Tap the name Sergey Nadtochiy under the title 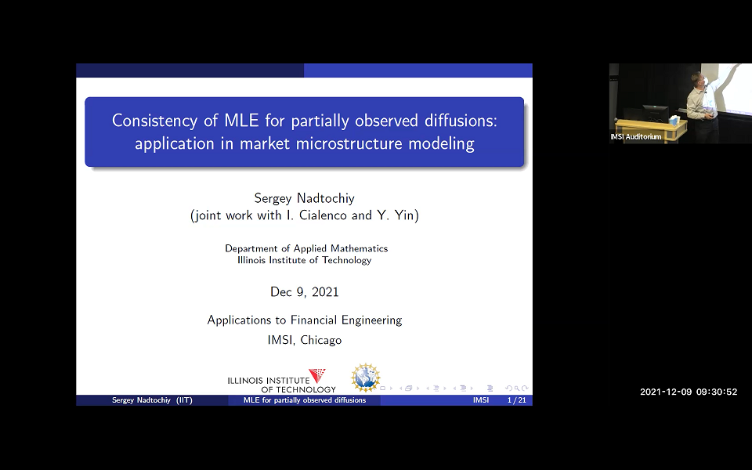pos(304,197)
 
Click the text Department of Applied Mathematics pos(306,248)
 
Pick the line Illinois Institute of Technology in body pos(304,260)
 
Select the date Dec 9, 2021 pos(304,291)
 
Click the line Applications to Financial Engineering pos(304,320)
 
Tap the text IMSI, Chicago pos(304,340)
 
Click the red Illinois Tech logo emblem pos(316,376)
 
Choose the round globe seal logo pos(364,378)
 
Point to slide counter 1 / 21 pos(516,400)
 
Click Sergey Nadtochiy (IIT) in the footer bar pos(152,400)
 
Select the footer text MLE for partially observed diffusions pos(304,400)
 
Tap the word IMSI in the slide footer pos(481,400)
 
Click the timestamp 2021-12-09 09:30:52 pos(688,392)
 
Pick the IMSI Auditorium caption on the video pos(636,137)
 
